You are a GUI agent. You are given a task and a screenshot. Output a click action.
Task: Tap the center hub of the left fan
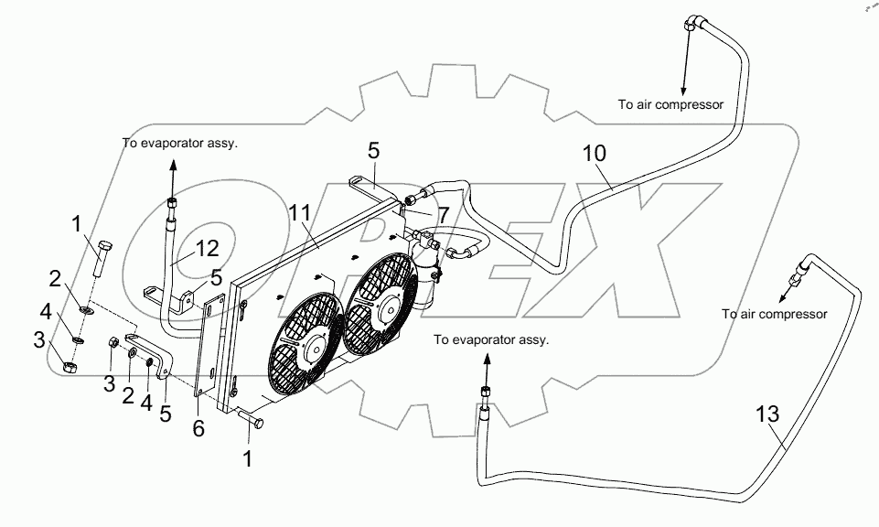(316, 349)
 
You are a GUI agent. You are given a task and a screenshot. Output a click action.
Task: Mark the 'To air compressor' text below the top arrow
(670, 104)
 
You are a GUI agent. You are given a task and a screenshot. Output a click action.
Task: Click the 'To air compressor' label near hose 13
(775, 314)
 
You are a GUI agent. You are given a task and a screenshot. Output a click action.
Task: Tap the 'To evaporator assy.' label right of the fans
(491, 339)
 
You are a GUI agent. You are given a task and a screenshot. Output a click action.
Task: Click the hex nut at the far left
(70, 367)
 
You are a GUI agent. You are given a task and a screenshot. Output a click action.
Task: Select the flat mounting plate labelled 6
(209, 348)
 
